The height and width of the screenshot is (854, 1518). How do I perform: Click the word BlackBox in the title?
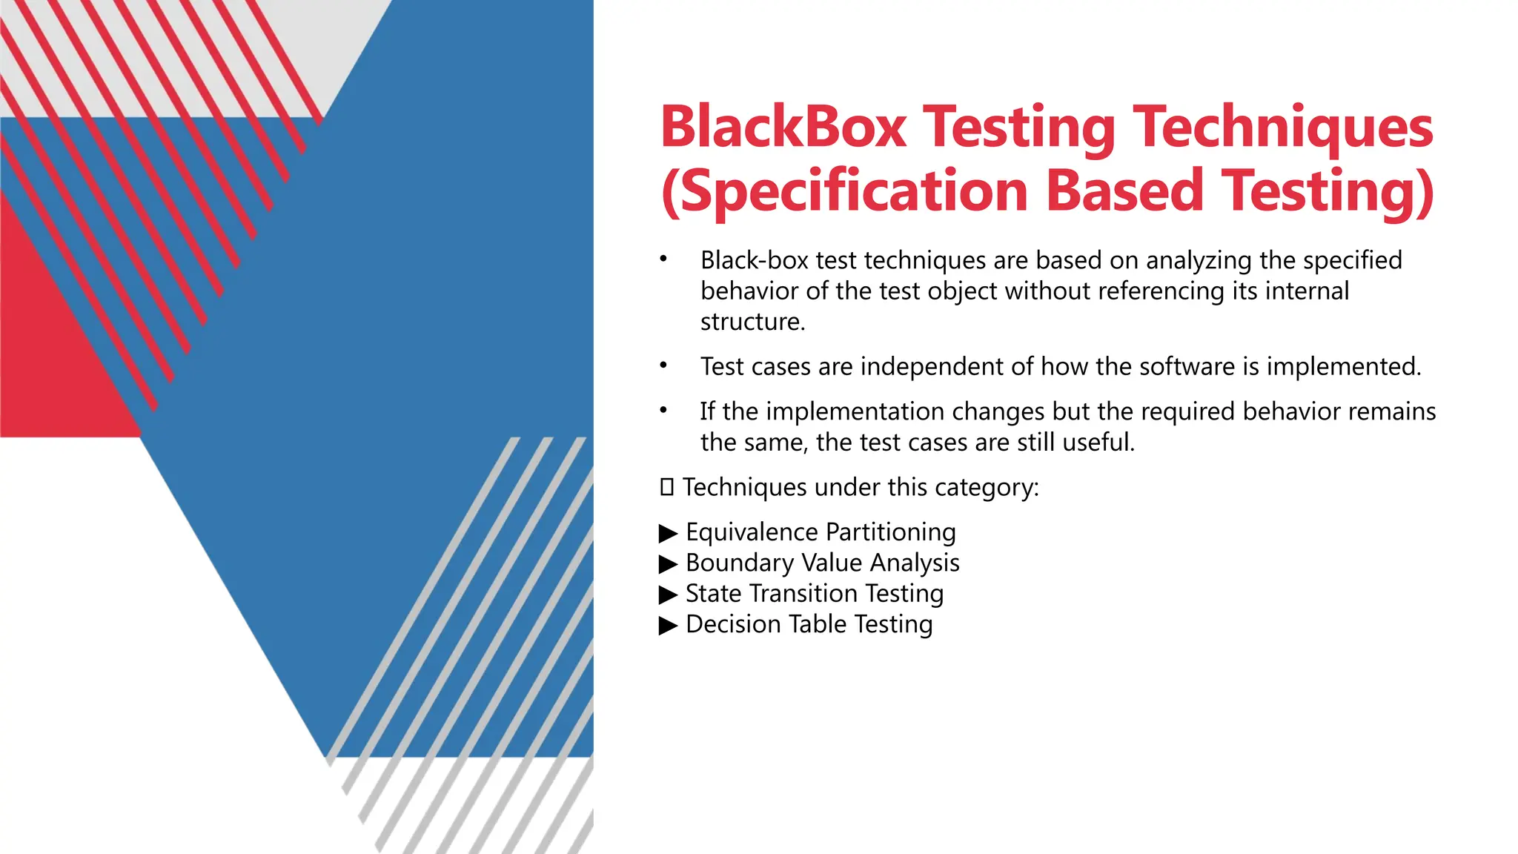coord(783,127)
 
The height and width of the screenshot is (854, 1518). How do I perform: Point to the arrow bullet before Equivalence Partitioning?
coord(668,533)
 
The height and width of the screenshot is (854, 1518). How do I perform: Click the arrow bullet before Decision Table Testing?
coord(668,625)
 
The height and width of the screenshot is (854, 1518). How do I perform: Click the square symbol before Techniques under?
coord(666,488)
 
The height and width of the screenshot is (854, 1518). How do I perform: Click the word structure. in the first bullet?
coord(752,322)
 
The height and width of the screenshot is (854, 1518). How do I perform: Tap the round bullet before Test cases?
coord(664,365)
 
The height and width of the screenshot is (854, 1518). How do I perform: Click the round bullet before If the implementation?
coord(664,411)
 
